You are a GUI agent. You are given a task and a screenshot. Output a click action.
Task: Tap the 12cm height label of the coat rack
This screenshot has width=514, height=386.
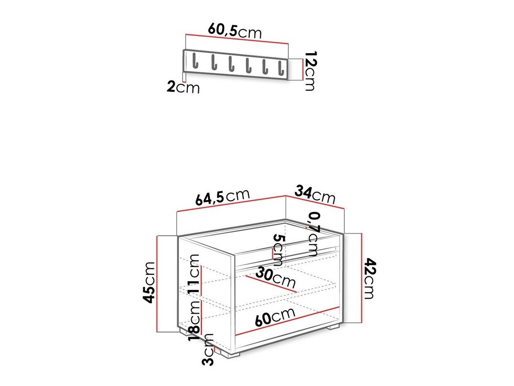(311, 71)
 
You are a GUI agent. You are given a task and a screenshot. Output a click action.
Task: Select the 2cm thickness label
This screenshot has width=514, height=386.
(183, 87)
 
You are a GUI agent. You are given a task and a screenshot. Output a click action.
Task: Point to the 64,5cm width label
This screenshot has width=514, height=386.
(222, 197)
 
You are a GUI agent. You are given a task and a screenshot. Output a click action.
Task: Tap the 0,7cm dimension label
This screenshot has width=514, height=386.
(313, 233)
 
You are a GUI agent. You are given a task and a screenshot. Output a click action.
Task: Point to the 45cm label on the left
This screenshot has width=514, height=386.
(150, 282)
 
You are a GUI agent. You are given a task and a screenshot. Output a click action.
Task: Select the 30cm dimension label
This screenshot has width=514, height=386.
(275, 278)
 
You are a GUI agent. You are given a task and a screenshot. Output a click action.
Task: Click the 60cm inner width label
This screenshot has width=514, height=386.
(275, 316)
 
